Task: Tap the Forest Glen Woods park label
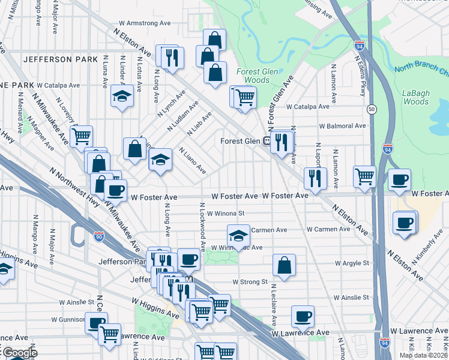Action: (253, 76)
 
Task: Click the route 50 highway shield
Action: (372, 109)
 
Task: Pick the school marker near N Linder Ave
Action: (122, 95)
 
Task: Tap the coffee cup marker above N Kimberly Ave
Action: (404, 222)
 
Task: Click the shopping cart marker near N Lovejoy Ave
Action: (81, 136)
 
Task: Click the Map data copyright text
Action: (423, 355)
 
